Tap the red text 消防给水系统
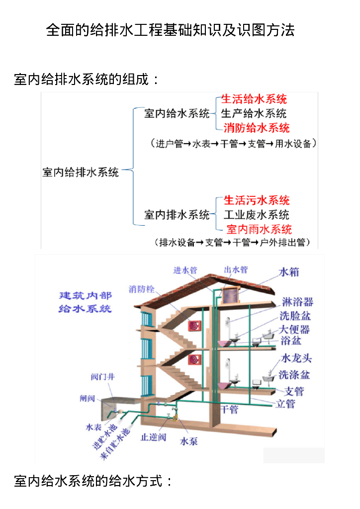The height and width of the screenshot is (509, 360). point(256,128)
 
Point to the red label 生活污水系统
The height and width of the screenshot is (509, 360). point(257,200)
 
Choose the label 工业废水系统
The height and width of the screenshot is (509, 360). point(256,215)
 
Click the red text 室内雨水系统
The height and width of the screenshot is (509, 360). point(259,229)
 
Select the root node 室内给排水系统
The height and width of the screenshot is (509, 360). point(81,172)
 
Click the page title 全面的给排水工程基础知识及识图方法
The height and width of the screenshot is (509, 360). point(170,30)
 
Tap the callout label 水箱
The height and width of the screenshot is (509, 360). point(289,272)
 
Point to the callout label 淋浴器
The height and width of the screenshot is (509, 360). point(297,302)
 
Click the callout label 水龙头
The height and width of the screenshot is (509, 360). point(296,359)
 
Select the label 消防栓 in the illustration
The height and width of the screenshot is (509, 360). point(142,289)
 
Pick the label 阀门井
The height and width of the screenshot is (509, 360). point(103,376)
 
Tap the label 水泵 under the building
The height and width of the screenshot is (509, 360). point(189,441)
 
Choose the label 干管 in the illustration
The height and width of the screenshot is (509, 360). point(229,410)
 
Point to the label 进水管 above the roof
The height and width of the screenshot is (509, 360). point(185,270)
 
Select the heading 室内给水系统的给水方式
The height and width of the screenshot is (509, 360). point(93,481)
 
